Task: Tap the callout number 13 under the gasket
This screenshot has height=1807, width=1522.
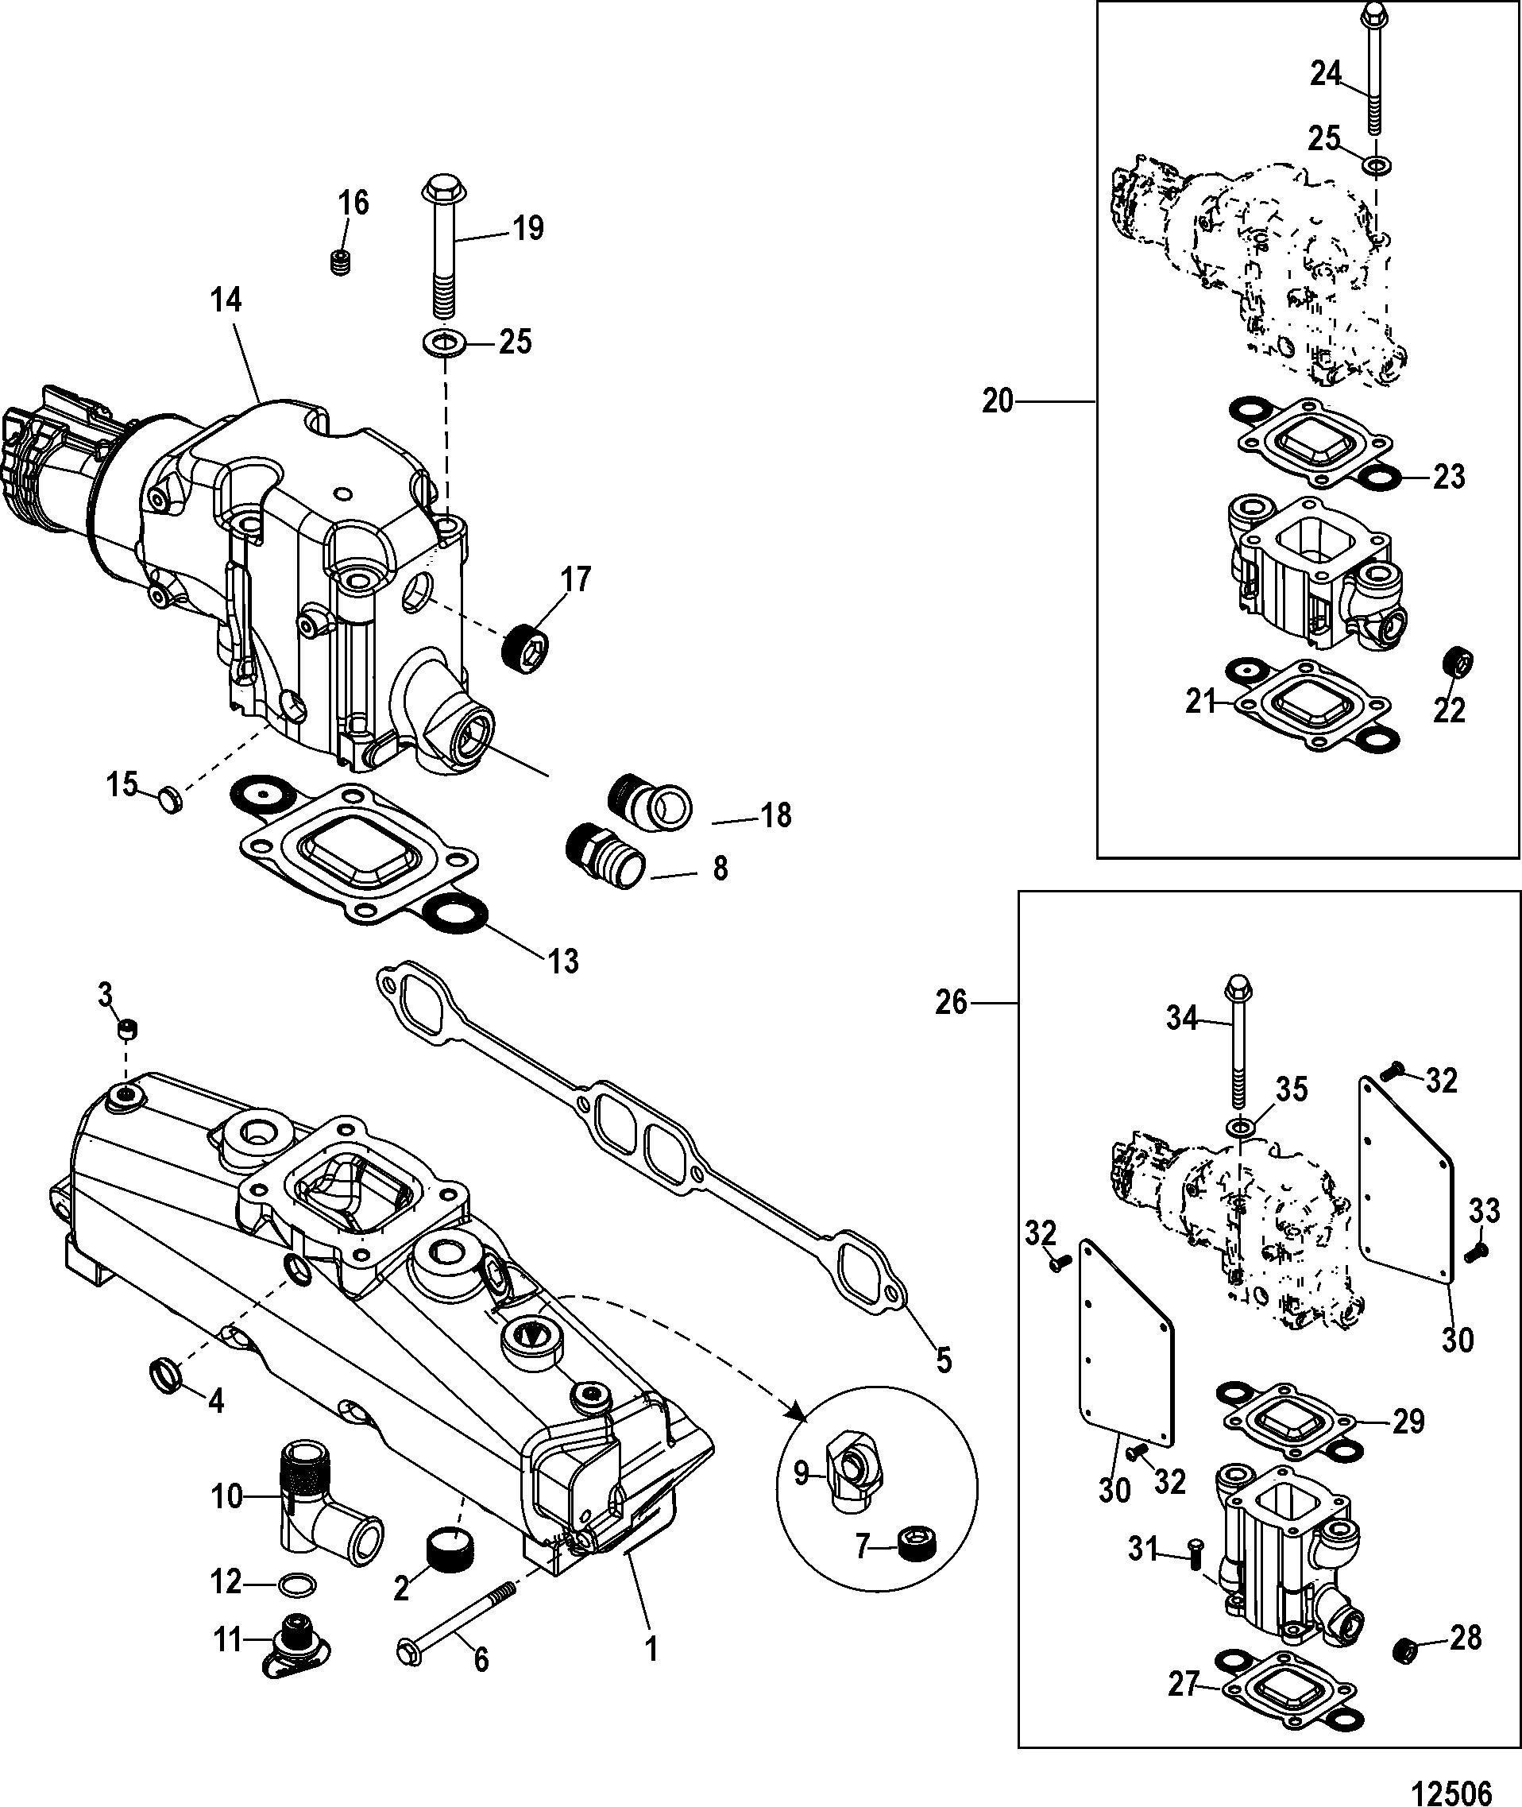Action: point(563,960)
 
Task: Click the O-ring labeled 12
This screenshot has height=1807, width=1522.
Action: point(298,1585)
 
